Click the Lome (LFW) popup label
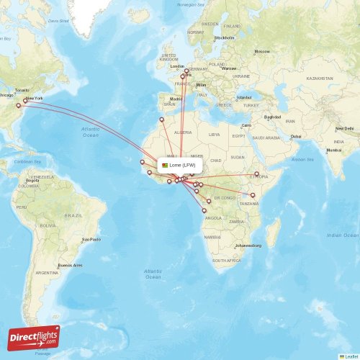[180, 165]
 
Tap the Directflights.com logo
[35, 336]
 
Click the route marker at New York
[28, 103]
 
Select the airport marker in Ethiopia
[257, 174]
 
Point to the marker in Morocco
[161, 120]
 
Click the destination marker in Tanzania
[253, 194]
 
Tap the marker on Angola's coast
[204, 210]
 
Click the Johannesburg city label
[243, 246]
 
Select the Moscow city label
[262, 51]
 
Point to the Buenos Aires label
[71, 265]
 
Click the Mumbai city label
[334, 150]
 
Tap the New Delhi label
[344, 128]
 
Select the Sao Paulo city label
[91, 239]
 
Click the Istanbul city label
[245, 97]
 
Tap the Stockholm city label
[225, 37]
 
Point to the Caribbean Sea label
[27, 162]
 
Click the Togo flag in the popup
[164, 165]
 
